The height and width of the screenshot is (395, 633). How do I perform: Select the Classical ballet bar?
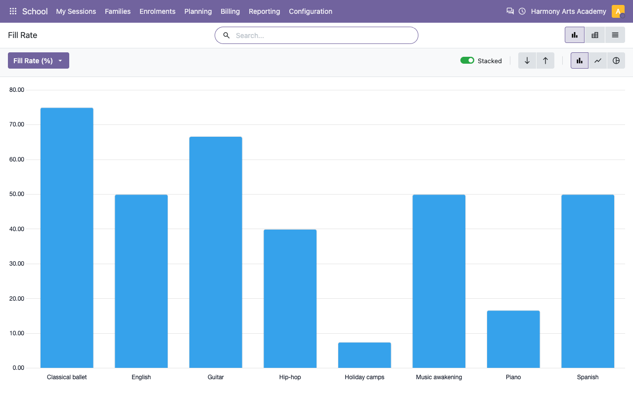pos(67,237)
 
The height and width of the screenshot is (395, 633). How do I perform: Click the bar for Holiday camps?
pos(364,355)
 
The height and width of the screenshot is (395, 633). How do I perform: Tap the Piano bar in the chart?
pos(513,339)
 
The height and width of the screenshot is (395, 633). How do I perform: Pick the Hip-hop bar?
pos(290,299)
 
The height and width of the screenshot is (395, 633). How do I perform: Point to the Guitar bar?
pos(216,252)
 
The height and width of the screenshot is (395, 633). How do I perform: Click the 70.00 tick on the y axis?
pos(17,124)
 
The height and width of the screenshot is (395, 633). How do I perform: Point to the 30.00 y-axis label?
pos(17,264)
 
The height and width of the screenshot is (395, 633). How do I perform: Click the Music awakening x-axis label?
pos(439,377)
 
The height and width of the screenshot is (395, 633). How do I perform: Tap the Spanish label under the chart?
pos(588,377)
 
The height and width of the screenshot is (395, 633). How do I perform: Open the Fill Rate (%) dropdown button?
pos(39,60)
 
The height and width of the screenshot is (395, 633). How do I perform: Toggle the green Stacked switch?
pos(467,60)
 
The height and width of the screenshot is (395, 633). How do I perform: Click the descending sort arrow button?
pos(527,60)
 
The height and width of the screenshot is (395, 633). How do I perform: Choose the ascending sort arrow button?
pos(545,60)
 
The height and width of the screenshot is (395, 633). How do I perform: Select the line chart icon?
pos(598,60)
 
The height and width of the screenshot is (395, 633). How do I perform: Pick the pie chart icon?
pos(616,60)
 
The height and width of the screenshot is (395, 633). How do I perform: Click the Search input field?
pos(316,35)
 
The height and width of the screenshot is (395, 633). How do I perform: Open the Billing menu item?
pos(230,11)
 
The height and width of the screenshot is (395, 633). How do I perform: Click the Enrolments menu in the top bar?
pos(157,11)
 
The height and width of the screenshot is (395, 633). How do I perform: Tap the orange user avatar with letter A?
pos(618,11)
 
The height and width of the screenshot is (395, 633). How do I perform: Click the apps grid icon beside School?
pos(13,11)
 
